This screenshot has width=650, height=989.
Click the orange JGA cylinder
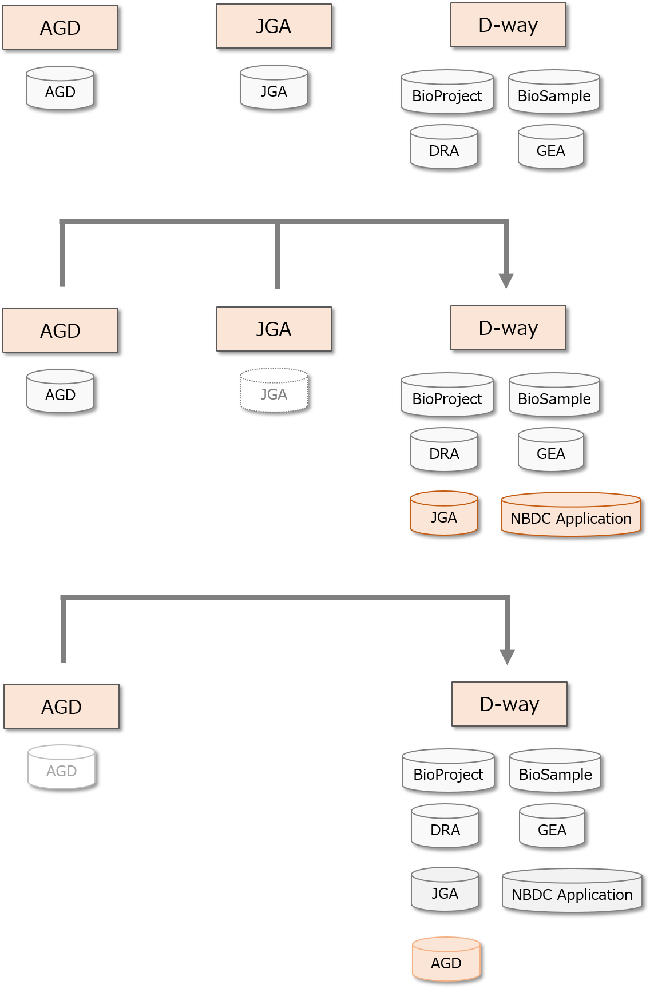pos(443,513)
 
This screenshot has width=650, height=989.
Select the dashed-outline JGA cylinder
pos(274,390)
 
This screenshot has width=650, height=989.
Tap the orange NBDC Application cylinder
pos(570,515)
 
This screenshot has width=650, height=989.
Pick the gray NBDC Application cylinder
pos(572,891)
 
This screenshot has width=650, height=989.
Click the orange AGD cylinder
pos(446,959)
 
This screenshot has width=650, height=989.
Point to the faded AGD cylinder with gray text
pos(61,767)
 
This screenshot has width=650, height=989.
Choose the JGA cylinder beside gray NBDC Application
pos(445,890)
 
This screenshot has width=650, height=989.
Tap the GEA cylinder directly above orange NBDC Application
pos(550,450)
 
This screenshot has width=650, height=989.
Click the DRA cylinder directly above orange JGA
pos(443,450)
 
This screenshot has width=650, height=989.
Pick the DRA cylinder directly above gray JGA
pos(445,826)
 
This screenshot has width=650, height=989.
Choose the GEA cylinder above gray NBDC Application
pos(552,826)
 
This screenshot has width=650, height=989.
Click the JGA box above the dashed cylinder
pos(274,329)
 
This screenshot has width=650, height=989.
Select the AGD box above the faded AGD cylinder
pos(61,707)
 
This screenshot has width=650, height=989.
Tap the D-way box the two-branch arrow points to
pos(509,704)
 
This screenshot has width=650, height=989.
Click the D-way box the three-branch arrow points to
pos(508,328)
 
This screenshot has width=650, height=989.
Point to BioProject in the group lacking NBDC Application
pos(447,92)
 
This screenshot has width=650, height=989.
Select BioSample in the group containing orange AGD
pos(555,771)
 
